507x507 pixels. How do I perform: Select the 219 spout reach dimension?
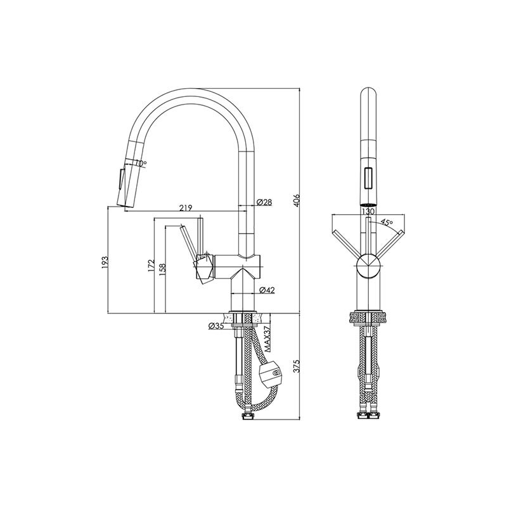point(186,208)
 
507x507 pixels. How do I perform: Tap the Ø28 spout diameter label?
point(264,202)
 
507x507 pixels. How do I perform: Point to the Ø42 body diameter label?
point(267,290)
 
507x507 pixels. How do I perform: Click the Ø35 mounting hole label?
point(216,326)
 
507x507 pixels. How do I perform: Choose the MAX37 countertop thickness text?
point(267,339)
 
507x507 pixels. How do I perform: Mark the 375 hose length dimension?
point(297,366)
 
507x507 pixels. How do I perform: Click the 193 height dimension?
point(105,262)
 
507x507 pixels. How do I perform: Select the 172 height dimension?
point(151,266)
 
